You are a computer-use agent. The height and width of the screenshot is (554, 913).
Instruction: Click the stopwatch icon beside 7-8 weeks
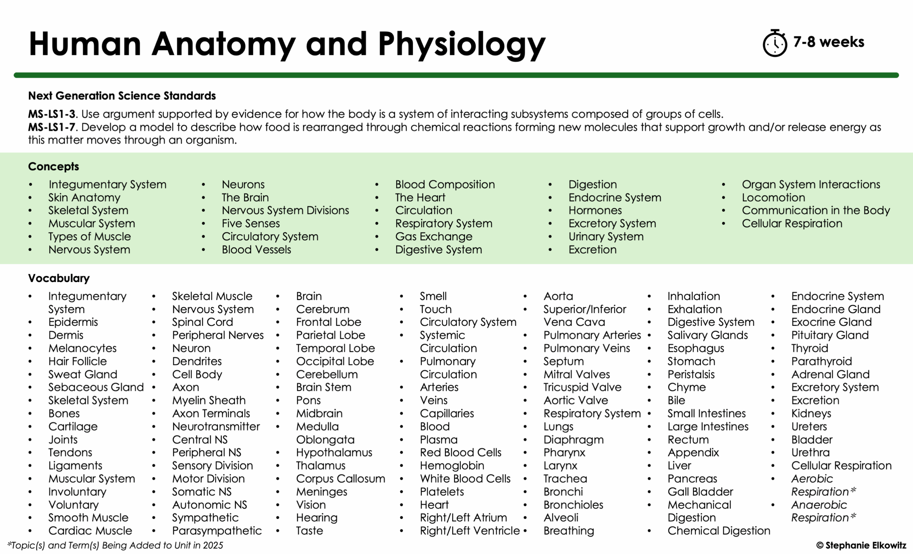pos(774,43)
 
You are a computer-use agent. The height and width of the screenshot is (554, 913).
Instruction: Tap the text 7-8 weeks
pos(828,42)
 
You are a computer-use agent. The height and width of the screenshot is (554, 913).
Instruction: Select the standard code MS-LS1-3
pos(51,114)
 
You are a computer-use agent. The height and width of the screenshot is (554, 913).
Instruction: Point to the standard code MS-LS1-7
pos(51,127)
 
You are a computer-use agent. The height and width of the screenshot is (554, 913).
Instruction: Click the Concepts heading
pos(53,166)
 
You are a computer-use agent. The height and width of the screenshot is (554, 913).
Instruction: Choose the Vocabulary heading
pos(58,278)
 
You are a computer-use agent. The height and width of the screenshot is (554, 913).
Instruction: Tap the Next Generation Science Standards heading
pos(122,96)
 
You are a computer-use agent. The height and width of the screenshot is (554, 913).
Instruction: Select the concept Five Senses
pos(250,223)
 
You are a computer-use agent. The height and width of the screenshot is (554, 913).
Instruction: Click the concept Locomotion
pos(773,198)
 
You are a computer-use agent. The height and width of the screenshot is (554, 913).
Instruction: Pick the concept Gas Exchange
pos(434,236)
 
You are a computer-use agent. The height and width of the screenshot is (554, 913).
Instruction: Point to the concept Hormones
pos(595,210)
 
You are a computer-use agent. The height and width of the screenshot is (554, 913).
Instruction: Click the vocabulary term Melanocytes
pos(82,348)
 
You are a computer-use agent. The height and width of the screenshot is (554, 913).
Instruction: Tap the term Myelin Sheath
pos(209,400)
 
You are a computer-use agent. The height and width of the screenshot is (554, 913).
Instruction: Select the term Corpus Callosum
pos(341,478)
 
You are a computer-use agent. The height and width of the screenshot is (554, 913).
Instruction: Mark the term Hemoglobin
pos(452,466)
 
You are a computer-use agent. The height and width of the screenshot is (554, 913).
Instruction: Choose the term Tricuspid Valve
pos(582,387)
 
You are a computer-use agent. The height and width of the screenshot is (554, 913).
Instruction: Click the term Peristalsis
pos(691,374)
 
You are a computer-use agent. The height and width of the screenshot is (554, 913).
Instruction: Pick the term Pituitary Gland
pos(830,335)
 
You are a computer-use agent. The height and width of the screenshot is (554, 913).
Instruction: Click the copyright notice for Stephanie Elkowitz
pos(861,545)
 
